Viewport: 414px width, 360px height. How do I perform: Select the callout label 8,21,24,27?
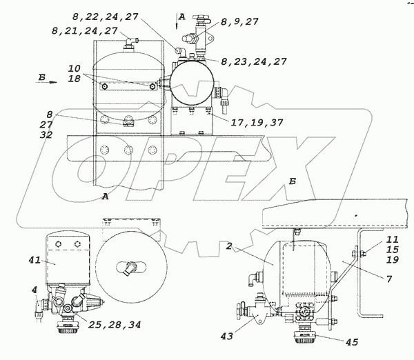(84, 30)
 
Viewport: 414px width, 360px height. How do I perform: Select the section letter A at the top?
(181, 15)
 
